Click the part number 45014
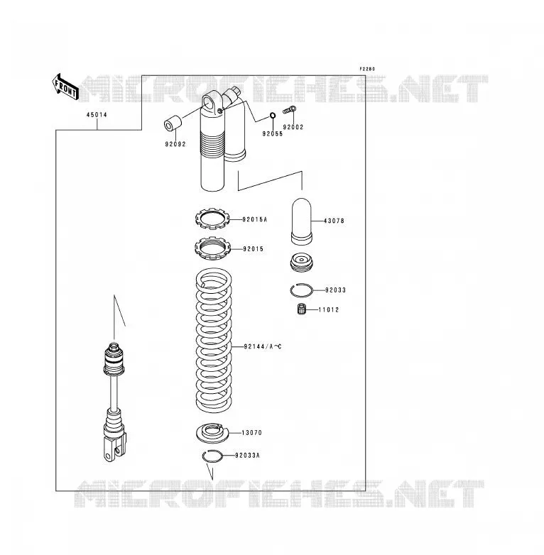coord(97,115)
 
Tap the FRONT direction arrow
coord(65,88)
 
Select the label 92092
coord(175,144)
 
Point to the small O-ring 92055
coord(273,116)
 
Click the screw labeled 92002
coord(289,110)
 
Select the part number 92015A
coord(255,219)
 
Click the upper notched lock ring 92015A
coord(212,219)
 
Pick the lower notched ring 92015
coord(212,248)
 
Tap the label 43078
coord(334,221)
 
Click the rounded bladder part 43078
coord(301,221)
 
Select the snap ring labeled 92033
coord(301,290)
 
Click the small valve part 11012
coord(301,309)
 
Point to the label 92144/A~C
coord(263,346)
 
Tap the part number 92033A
coord(247,455)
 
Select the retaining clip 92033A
coord(212,456)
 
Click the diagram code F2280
coord(367,69)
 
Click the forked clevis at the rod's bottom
coord(114,447)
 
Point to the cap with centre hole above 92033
coord(301,262)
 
